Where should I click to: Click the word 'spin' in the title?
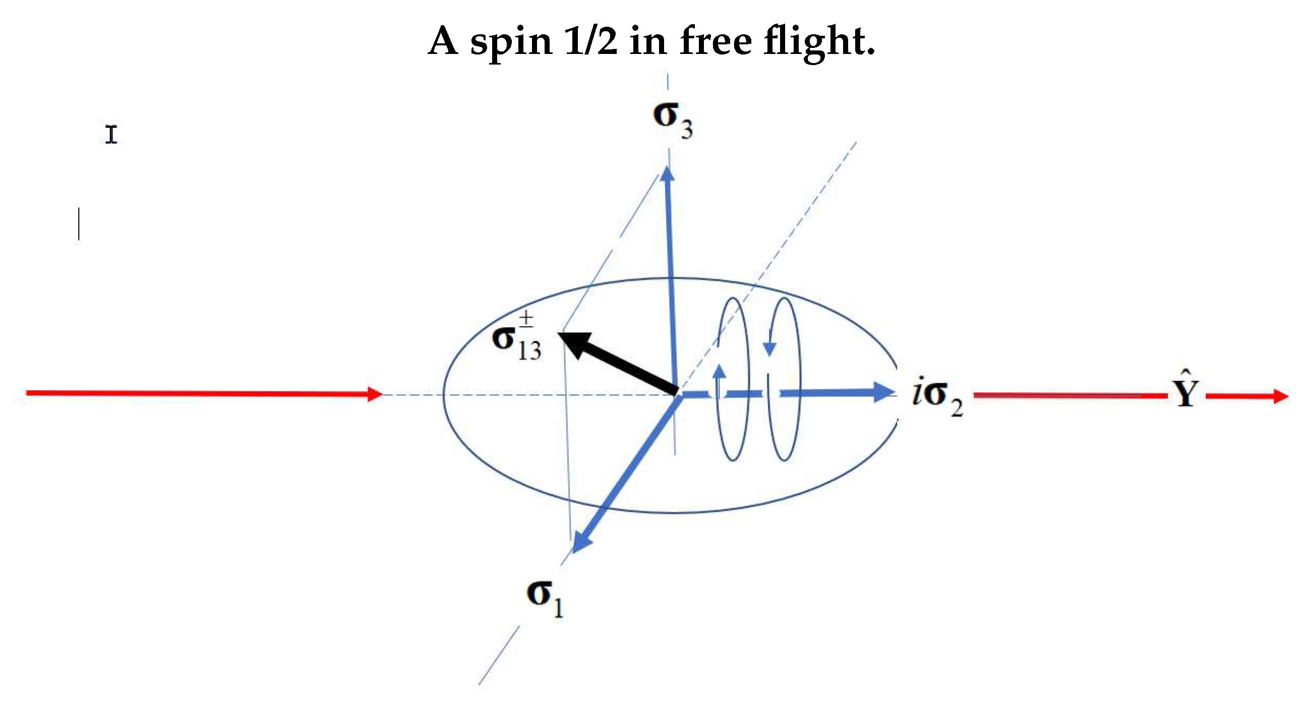click(x=510, y=42)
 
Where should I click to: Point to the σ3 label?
click(x=672, y=120)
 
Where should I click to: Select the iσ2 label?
click(x=936, y=398)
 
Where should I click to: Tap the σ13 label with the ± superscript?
click(x=515, y=340)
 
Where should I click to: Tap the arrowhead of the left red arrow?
click(x=375, y=394)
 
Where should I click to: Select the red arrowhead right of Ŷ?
click(x=1280, y=396)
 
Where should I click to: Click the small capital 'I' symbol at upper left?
click(x=111, y=135)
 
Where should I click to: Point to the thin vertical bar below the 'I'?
click(x=79, y=223)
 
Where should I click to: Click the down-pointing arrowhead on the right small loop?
click(x=769, y=348)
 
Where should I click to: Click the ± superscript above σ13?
click(x=526, y=319)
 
